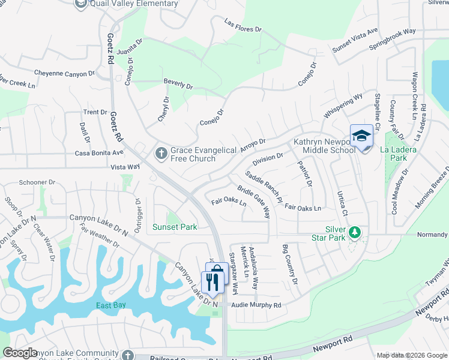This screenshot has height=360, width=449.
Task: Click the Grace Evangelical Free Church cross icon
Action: pyautogui.click(x=161, y=154)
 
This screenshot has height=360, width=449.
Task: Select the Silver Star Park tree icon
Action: pyautogui.click(x=355, y=232)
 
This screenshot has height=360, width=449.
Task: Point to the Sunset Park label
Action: pyautogui.click(x=175, y=227)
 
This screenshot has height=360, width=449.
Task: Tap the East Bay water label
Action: pyautogui.click(x=111, y=305)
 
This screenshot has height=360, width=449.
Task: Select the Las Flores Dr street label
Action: pyautogui.click(x=243, y=25)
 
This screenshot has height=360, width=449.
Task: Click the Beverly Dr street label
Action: pyautogui.click(x=178, y=84)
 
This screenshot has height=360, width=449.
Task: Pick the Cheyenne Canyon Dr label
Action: pyautogui.click(x=64, y=74)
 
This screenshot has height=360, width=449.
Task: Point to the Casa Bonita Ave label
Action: pyautogui.click(x=99, y=153)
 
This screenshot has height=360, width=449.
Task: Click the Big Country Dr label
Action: pyautogui.click(x=290, y=265)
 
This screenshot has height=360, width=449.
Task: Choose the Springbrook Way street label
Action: pyautogui.click(x=392, y=38)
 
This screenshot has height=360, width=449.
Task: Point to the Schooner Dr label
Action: pyautogui.click(x=37, y=182)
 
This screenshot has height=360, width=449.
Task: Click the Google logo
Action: pyautogui.click(x=20, y=353)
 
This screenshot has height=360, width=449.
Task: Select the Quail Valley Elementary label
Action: pyautogui.click(x=133, y=4)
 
